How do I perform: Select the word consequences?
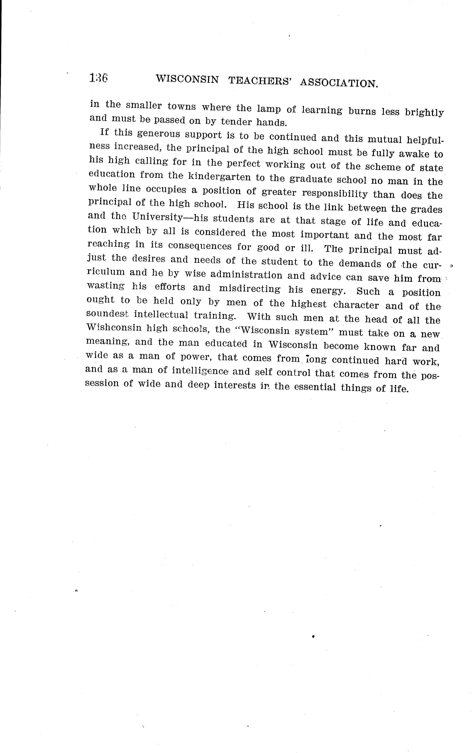tap(200, 246)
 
